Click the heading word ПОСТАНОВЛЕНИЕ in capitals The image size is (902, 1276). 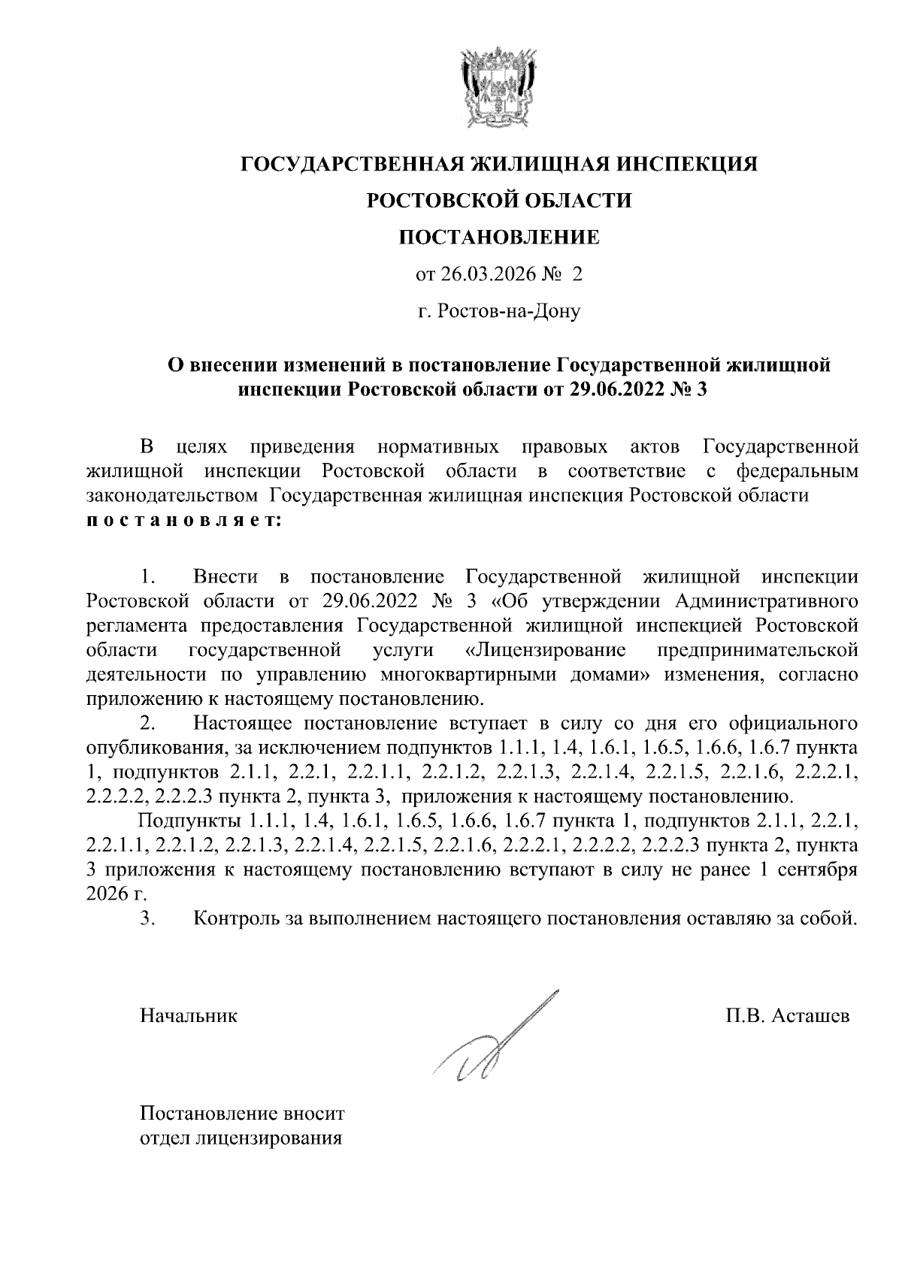tap(498, 237)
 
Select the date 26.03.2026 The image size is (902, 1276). tap(488, 275)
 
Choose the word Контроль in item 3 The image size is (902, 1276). tap(229, 918)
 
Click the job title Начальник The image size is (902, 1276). tap(189, 1017)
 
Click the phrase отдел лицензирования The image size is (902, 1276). tap(241, 1138)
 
